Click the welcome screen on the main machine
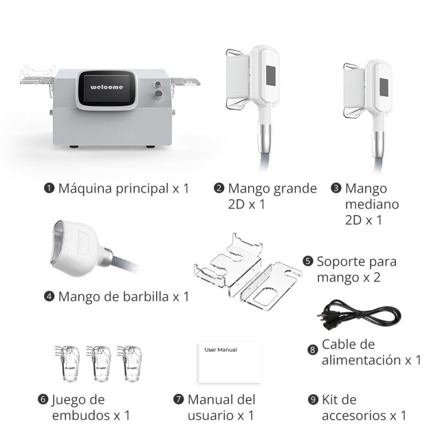(107, 88)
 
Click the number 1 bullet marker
(48, 189)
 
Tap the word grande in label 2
(294, 189)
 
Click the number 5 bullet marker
(308, 261)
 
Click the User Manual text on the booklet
(221, 349)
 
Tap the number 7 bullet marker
(178, 399)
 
